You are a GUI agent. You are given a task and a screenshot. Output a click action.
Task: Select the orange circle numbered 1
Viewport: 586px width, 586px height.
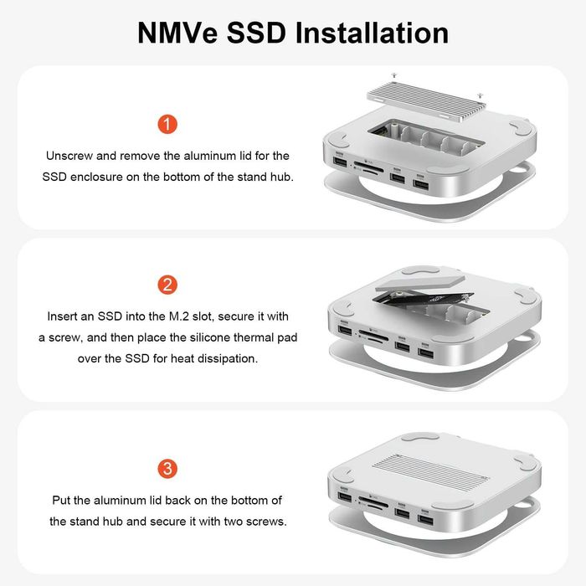point(167,125)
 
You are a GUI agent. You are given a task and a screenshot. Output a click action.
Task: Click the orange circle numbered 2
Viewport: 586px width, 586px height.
point(167,285)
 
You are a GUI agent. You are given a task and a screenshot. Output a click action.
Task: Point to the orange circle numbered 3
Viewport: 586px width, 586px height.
point(167,468)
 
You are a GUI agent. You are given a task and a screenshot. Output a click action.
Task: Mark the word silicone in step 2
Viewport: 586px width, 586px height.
point(217,337)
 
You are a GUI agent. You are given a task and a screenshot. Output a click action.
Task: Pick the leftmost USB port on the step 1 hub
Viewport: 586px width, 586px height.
point(338,162)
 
